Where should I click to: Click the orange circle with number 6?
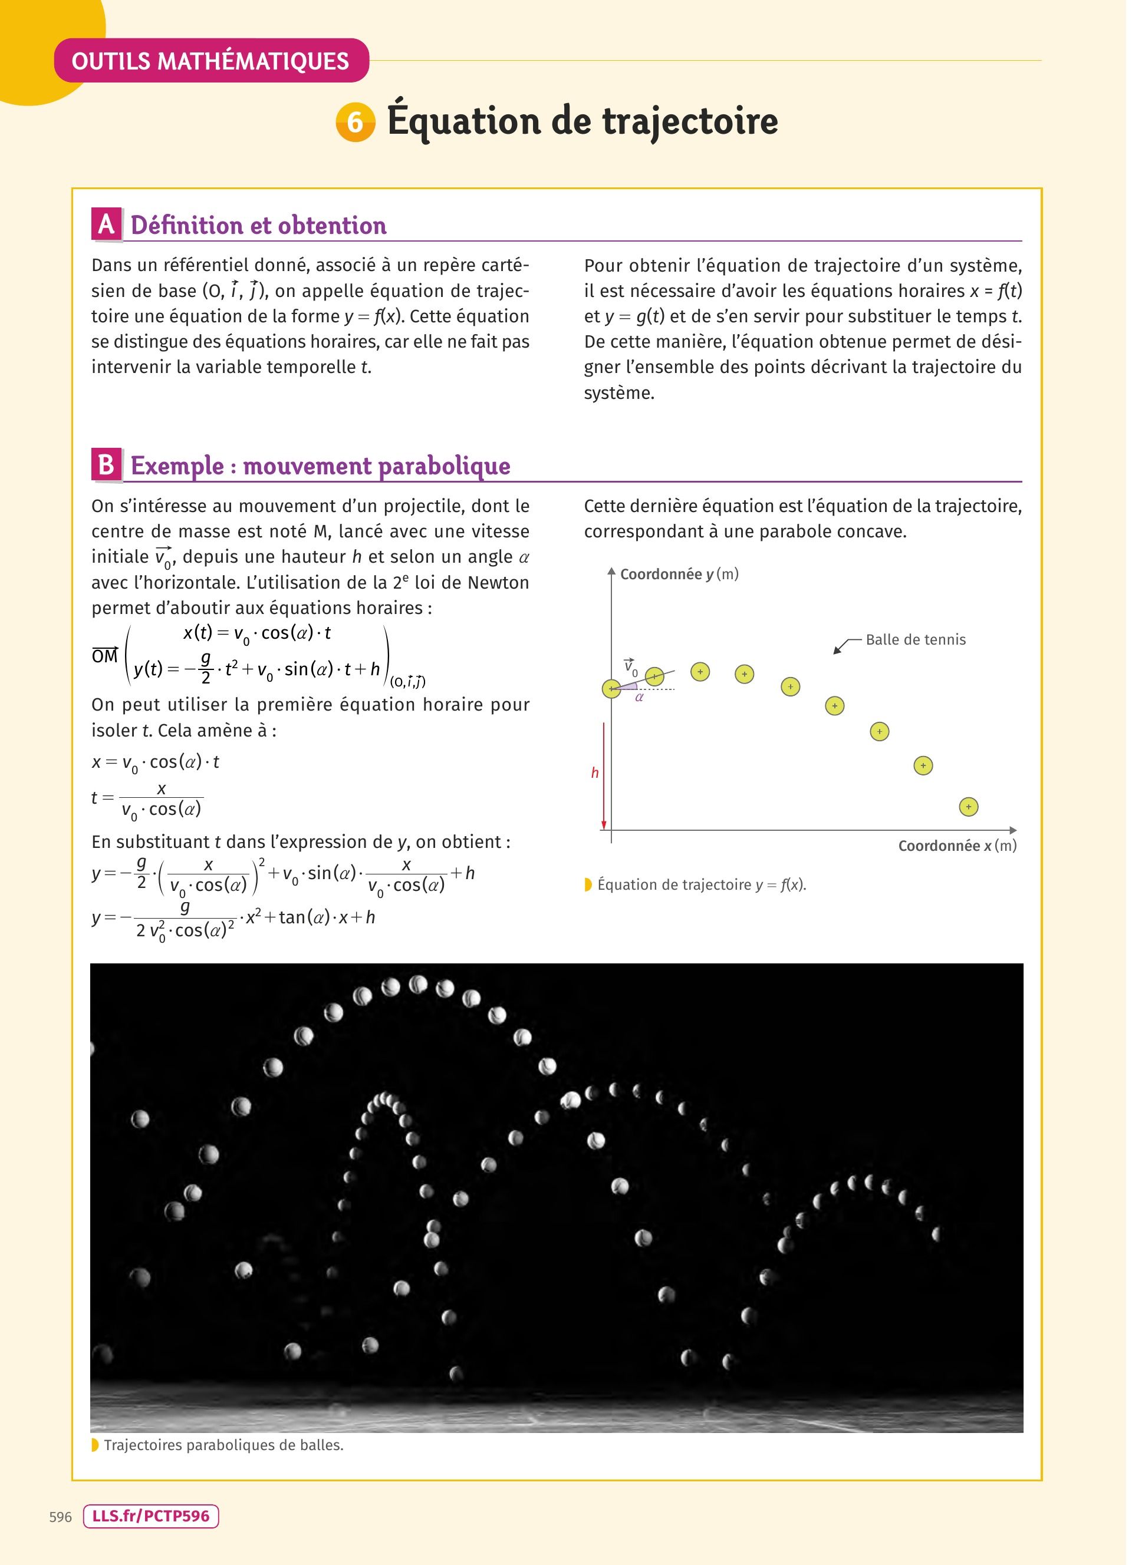tap(356, 122)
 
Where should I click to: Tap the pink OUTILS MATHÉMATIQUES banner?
tap(210, 61)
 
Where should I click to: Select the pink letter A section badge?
tap(106, 224)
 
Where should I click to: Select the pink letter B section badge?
tap(106, 464)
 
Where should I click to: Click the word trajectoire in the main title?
tap(690, 121)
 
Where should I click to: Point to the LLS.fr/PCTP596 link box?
tap(150, 1516)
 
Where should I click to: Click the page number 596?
tap(61, 1517)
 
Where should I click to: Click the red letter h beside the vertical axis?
tap(594, 773)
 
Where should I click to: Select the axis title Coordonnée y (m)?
tap(679, 574)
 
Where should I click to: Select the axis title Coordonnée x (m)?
tap(957, 846)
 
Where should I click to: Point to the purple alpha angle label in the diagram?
tap(639, 698)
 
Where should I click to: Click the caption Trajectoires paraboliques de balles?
tap(223, 1445)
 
